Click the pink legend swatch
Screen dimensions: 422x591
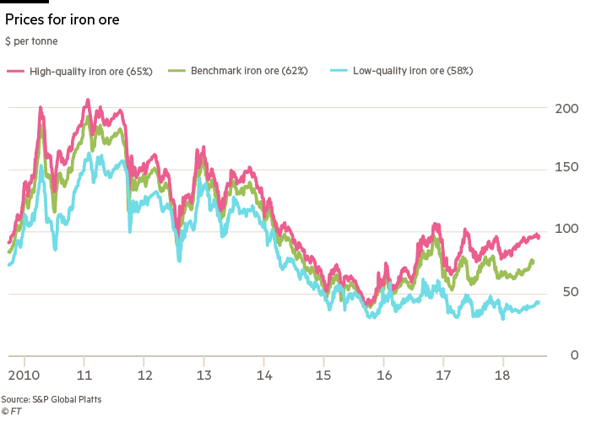pos(15,72)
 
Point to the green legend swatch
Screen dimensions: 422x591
pos(177,72)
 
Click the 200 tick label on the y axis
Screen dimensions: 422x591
pos(567,109)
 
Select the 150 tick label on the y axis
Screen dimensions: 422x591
pos(567,169)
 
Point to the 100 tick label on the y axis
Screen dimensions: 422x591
pos(567,230)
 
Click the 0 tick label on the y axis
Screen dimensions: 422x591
pos(572,354)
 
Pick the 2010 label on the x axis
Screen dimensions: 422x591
pos(25,374)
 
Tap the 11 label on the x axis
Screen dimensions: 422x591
pos(84,374)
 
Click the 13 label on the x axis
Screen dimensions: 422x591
pos(204,374)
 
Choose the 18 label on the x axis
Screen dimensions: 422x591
pos(503,374)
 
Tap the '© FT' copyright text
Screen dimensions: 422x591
pos(11,411)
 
